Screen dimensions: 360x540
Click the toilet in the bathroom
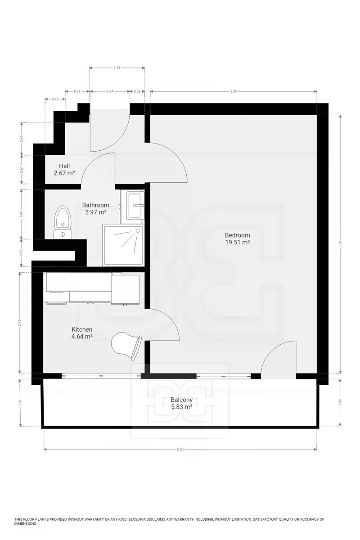click(x=63, y=222)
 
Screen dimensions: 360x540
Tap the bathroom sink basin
click(x=135, y=206)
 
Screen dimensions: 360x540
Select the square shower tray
click(x=123, y=245)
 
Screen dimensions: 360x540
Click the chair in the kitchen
click(x=126, y=346)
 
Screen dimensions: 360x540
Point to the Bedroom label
click(x=237, y=235)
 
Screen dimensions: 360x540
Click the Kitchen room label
click(x=82, y=329)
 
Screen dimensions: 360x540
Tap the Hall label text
click(x=64, y=166)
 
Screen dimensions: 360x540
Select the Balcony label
click(x=181, y=400)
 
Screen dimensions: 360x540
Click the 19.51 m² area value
click(x=237, y=242)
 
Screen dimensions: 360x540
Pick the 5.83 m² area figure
click(x=181, y=407)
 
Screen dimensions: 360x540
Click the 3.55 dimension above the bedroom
click(x=234, y=91)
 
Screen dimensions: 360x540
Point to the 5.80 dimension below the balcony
click(x=180, y=450)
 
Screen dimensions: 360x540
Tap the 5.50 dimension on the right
click(x=340, y=244)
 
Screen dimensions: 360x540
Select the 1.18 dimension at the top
click(x=117, y=68)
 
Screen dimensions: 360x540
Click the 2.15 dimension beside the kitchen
click(x=20, y=323)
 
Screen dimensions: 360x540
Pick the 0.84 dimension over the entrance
click(x=110, y=91)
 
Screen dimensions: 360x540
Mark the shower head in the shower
click(x=138, y=231)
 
